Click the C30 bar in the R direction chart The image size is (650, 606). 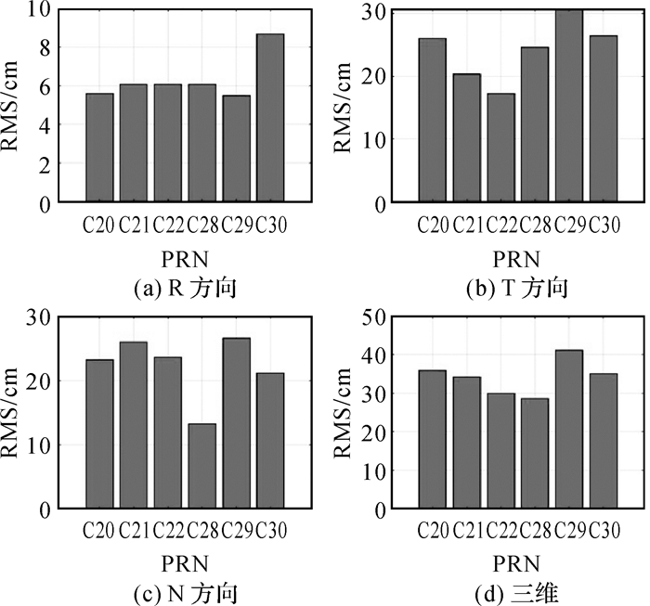270,117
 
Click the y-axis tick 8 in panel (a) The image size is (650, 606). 44,47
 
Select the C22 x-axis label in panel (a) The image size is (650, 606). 168,225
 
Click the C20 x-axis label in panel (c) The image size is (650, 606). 99,531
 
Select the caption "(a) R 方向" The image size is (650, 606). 185,288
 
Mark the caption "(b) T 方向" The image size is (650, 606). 516,288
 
